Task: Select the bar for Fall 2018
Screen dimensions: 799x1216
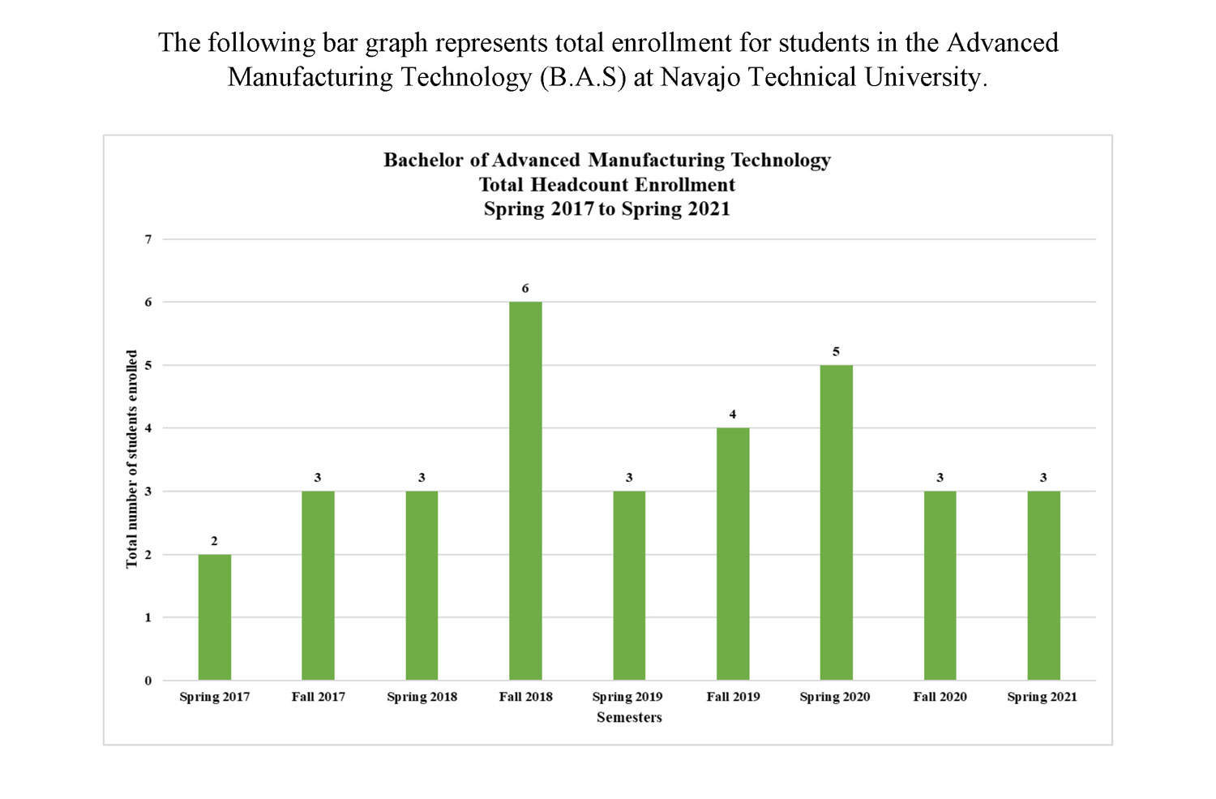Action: [525, 491]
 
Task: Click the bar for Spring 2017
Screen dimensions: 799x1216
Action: [215, 617]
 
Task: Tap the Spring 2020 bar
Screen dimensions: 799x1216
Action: [836, 522]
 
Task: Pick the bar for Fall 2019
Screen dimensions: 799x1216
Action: [733, 554]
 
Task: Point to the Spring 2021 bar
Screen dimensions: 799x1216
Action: [1043, 586]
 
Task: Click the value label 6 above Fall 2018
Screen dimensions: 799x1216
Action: [525, 289]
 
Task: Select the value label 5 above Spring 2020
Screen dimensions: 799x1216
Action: [836, 352]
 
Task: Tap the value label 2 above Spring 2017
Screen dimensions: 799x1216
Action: [214, 541]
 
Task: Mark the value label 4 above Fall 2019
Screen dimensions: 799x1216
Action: [733, 415]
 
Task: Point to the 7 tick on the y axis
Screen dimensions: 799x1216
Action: [148, 239]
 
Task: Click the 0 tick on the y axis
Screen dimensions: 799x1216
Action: [148, 681]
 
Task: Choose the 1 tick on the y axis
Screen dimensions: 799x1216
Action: [148, 617]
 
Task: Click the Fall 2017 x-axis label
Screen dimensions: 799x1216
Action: [319, 697]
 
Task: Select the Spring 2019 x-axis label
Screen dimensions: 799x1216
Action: [627, 697]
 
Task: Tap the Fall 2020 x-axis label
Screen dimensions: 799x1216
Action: [940, 697]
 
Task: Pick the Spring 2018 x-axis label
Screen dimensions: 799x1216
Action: [422, 697]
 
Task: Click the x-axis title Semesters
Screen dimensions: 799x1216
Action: [629, 717]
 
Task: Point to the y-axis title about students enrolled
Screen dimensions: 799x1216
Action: [132, 459]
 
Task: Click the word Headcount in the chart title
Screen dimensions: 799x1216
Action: [580, 185]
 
